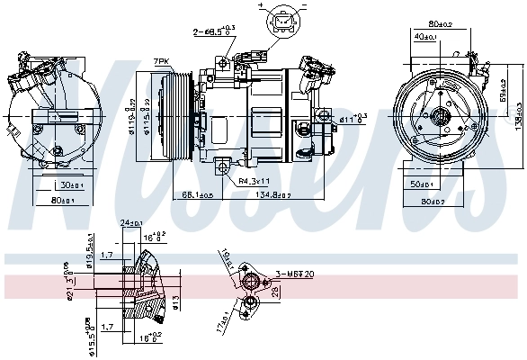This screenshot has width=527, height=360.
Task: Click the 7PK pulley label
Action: tap(161, 61)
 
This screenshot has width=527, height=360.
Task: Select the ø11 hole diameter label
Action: tap(353, 117)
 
